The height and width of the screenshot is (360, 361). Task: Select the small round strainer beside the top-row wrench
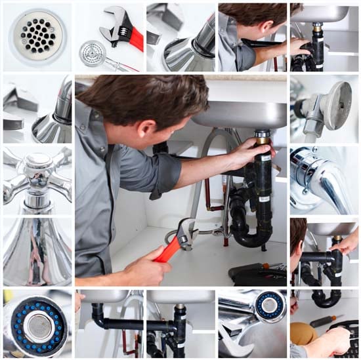(x=93, y=52)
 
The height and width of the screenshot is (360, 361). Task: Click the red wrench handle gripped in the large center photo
(x=167, y=249)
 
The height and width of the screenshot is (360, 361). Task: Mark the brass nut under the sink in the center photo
(x=263, y=135)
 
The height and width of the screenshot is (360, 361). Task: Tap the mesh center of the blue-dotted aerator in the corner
(x=40, y=325)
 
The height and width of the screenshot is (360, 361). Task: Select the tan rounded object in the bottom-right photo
(x=303, y=333)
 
